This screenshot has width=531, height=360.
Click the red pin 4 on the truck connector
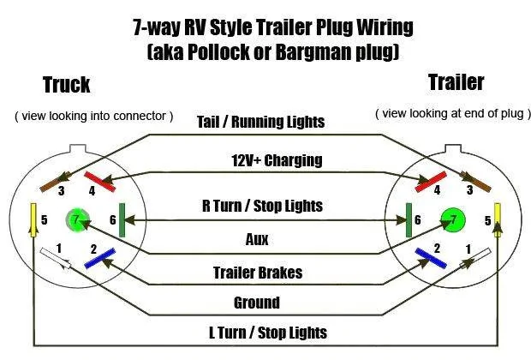100,182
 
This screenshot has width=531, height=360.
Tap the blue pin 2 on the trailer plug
431,258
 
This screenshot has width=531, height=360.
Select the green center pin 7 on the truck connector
78,220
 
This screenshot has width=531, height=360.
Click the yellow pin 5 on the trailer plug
498,219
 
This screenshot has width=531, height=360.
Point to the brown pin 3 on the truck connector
56,182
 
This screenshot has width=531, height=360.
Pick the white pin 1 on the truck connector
56,258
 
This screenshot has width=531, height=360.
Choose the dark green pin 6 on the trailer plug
409,220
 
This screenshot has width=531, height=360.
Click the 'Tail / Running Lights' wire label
260,122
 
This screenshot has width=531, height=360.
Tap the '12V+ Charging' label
277,160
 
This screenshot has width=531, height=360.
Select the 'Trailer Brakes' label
258,273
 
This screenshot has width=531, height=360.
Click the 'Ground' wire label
257,303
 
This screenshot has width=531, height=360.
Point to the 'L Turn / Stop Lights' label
268,333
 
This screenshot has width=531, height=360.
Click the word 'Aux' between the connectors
257,239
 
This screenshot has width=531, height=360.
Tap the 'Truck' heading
67,84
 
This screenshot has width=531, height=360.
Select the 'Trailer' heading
456,82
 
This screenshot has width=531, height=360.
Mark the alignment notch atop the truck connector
78,149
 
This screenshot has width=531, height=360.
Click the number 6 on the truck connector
113,220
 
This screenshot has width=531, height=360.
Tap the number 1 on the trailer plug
468,249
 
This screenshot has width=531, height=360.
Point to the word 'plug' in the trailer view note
513,113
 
